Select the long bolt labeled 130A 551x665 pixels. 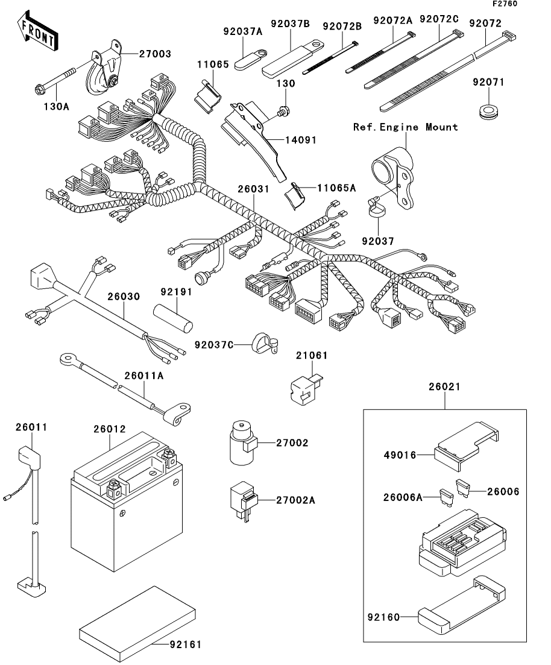pos(54,80)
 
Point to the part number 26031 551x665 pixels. pos(253,189)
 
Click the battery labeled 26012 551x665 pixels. pos(127,501)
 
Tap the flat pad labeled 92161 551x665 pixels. pos(137,620)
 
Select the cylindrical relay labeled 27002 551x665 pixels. pos(242,442)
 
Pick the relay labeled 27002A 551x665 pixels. pos(243,501)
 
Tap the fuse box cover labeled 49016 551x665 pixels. pos(467,446)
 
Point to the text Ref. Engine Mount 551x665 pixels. pos(406,127)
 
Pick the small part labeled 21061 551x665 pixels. pos(306,389)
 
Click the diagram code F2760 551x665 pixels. pos(505,4)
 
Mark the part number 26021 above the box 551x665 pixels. pos(444,387)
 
